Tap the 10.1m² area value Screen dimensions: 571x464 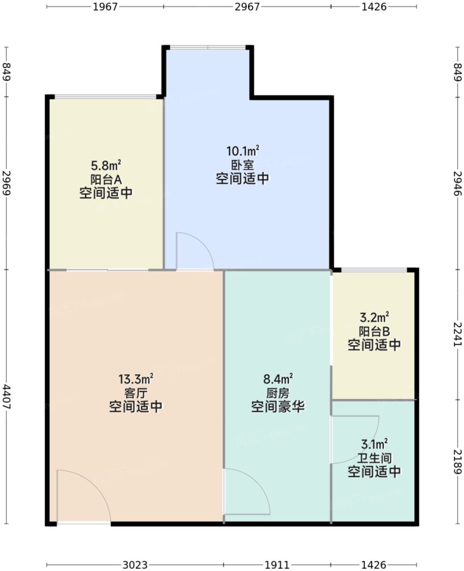(242, 152)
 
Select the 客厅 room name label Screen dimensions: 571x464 (136, 393)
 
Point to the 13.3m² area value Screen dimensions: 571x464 (136, 379)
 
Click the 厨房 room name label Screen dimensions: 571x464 (278, 393)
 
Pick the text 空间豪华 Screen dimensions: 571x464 (278, 407)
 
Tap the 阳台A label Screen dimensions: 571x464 (106, 179)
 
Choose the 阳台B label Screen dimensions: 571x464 (374, 331)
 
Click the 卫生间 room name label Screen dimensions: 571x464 (374, 458)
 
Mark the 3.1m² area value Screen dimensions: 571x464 (374, 444)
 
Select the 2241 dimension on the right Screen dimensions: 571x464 (457, 334)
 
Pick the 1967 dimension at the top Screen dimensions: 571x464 (105, 7)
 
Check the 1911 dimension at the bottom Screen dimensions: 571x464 (278, 564)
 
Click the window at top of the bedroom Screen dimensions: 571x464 (208, 47)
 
